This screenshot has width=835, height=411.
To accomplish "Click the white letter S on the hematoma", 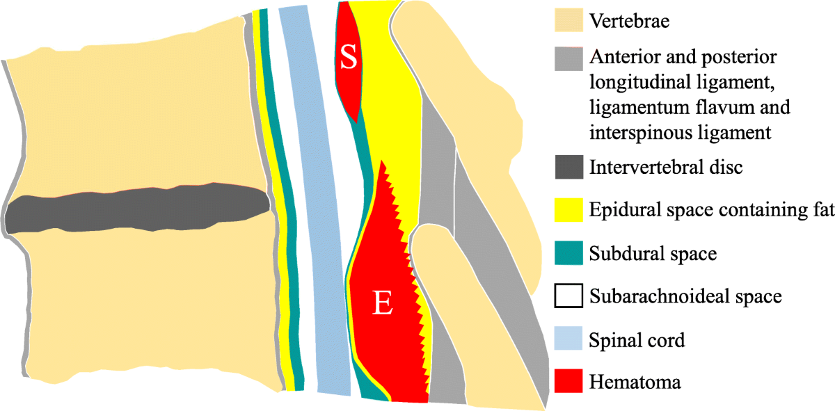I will [x=348, y=58].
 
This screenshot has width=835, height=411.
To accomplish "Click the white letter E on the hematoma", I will [x=382, y=303].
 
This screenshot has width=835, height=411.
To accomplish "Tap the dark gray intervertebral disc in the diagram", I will [x=139, y=209].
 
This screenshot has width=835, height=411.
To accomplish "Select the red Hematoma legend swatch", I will [x=568, y=381].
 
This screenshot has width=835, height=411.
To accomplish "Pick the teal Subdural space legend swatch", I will [x=568, y=253].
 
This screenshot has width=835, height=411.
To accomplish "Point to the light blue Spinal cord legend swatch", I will [x=568, y=340].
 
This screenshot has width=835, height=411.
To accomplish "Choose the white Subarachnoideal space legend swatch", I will [x=568, y=296].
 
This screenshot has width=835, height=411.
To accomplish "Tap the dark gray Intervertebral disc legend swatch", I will [x=568, y=168].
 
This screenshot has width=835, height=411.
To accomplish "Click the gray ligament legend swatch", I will [x=568, y=59].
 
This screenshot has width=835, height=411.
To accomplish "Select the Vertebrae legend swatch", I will [x=568, y=20].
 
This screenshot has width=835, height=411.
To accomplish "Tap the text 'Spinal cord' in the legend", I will [x=637, y=341].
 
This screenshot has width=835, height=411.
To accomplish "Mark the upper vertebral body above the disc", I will [x=132, y=111].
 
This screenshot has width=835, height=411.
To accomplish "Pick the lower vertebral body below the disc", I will [x=139, y=306].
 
